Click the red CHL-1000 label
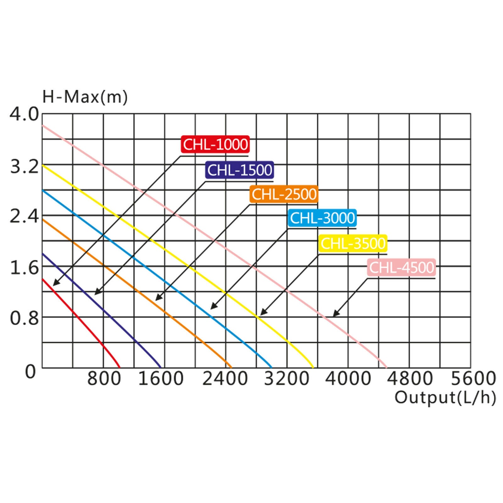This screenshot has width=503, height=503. tap(215, 144)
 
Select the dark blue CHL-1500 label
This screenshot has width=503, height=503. tap(240, 170)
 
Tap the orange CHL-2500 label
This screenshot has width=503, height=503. tap(284, 194)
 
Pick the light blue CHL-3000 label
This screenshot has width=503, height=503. tap(322, 218)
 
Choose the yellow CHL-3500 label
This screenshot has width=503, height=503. tap(353, 243)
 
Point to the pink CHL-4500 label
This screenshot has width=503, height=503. tap(401, 268)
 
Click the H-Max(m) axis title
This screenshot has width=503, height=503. tap(85, 97)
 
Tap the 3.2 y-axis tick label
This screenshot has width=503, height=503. tap(24, 167)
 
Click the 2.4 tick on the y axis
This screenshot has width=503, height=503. tap(24, 217)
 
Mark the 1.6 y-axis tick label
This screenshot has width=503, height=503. tap(24, 268)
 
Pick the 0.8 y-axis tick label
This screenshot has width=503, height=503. tap(24, 318)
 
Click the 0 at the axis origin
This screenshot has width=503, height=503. tap(30, 372)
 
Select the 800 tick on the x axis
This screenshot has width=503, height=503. tap(104, 379)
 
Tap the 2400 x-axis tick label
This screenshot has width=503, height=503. tap(225, 379)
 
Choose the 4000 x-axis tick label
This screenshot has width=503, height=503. tap(348, 379)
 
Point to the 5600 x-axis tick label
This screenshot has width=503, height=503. tap(473, 379)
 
